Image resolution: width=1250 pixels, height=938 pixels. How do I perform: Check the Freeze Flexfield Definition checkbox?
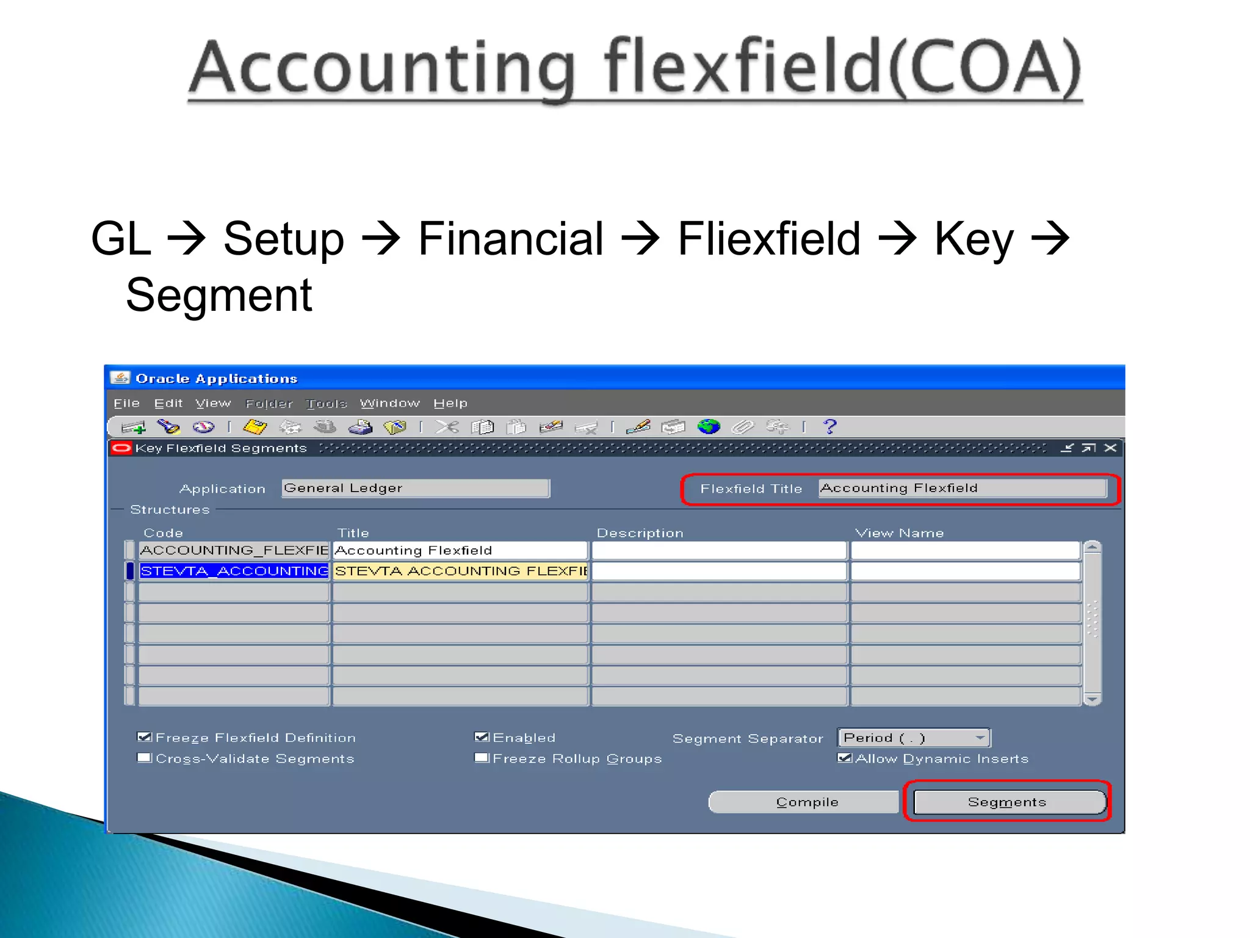145,737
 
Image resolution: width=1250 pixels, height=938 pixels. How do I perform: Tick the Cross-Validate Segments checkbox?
145,758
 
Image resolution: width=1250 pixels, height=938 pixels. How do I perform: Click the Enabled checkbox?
482,737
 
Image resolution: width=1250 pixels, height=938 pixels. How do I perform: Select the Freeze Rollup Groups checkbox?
482,758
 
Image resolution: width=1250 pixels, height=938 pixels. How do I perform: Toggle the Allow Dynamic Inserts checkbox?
845,758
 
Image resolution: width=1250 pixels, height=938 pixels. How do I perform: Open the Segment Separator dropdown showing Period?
913,738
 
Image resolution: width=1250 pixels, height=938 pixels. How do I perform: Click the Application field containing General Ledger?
415,488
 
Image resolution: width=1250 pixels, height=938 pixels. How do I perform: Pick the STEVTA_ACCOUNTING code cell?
234,571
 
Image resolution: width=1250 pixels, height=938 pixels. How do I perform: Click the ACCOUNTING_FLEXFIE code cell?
234,550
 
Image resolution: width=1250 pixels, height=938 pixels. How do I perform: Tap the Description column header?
640,533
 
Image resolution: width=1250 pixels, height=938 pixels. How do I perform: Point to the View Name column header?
899,533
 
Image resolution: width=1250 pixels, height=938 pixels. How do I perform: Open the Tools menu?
326,404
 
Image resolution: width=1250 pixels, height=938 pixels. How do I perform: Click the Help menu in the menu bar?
450,404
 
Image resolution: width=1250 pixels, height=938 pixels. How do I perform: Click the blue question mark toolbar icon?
829,426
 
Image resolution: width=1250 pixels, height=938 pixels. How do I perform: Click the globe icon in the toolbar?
709,426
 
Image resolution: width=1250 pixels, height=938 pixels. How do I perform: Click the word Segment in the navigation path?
219,295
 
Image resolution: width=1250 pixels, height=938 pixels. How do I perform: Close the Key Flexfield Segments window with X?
1111,448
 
